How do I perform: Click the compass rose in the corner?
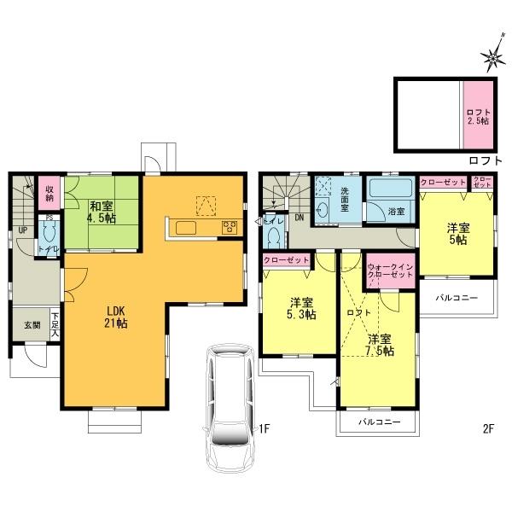[492, 57]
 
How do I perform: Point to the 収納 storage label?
[50, 193]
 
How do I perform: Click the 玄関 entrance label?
[31, 325]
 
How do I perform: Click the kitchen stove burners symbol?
[229, 226]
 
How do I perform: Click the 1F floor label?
[265, 428]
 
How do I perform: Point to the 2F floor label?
[487, 428]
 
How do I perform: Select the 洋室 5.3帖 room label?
[300, 308]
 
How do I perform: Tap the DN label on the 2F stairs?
[299, 218]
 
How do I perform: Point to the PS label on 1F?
[49, 218]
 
